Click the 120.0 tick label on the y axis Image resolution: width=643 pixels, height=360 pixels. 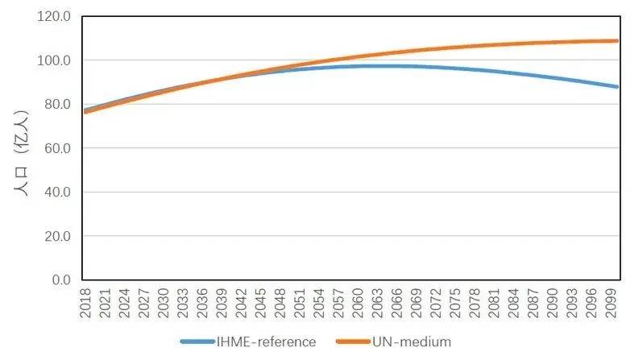54,16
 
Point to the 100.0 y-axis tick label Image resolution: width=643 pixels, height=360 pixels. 54,60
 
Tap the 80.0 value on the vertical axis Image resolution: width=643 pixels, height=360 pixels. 57,104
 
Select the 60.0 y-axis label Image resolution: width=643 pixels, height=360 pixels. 57,148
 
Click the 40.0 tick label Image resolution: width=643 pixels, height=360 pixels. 57,192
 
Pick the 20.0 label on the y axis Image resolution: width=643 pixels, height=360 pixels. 57,236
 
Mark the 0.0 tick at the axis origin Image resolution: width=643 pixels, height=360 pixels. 61,280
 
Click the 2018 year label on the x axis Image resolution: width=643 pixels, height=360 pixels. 85,303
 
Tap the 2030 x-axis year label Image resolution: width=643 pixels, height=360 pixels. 164,303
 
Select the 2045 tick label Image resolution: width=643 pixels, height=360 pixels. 260,303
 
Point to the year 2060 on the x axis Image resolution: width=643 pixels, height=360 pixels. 358,303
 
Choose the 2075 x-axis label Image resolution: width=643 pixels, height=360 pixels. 455,303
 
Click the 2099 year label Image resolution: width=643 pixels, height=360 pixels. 611,303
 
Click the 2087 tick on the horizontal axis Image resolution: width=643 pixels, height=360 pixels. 533,303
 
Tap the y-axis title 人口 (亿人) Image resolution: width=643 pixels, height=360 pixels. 21,152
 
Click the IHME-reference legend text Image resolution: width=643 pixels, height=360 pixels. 266,341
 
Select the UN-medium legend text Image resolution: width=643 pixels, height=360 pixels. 412,341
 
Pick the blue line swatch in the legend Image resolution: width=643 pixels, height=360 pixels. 197,341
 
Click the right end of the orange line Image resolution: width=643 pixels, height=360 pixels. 617,41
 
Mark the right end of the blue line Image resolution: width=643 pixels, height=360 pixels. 617,87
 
